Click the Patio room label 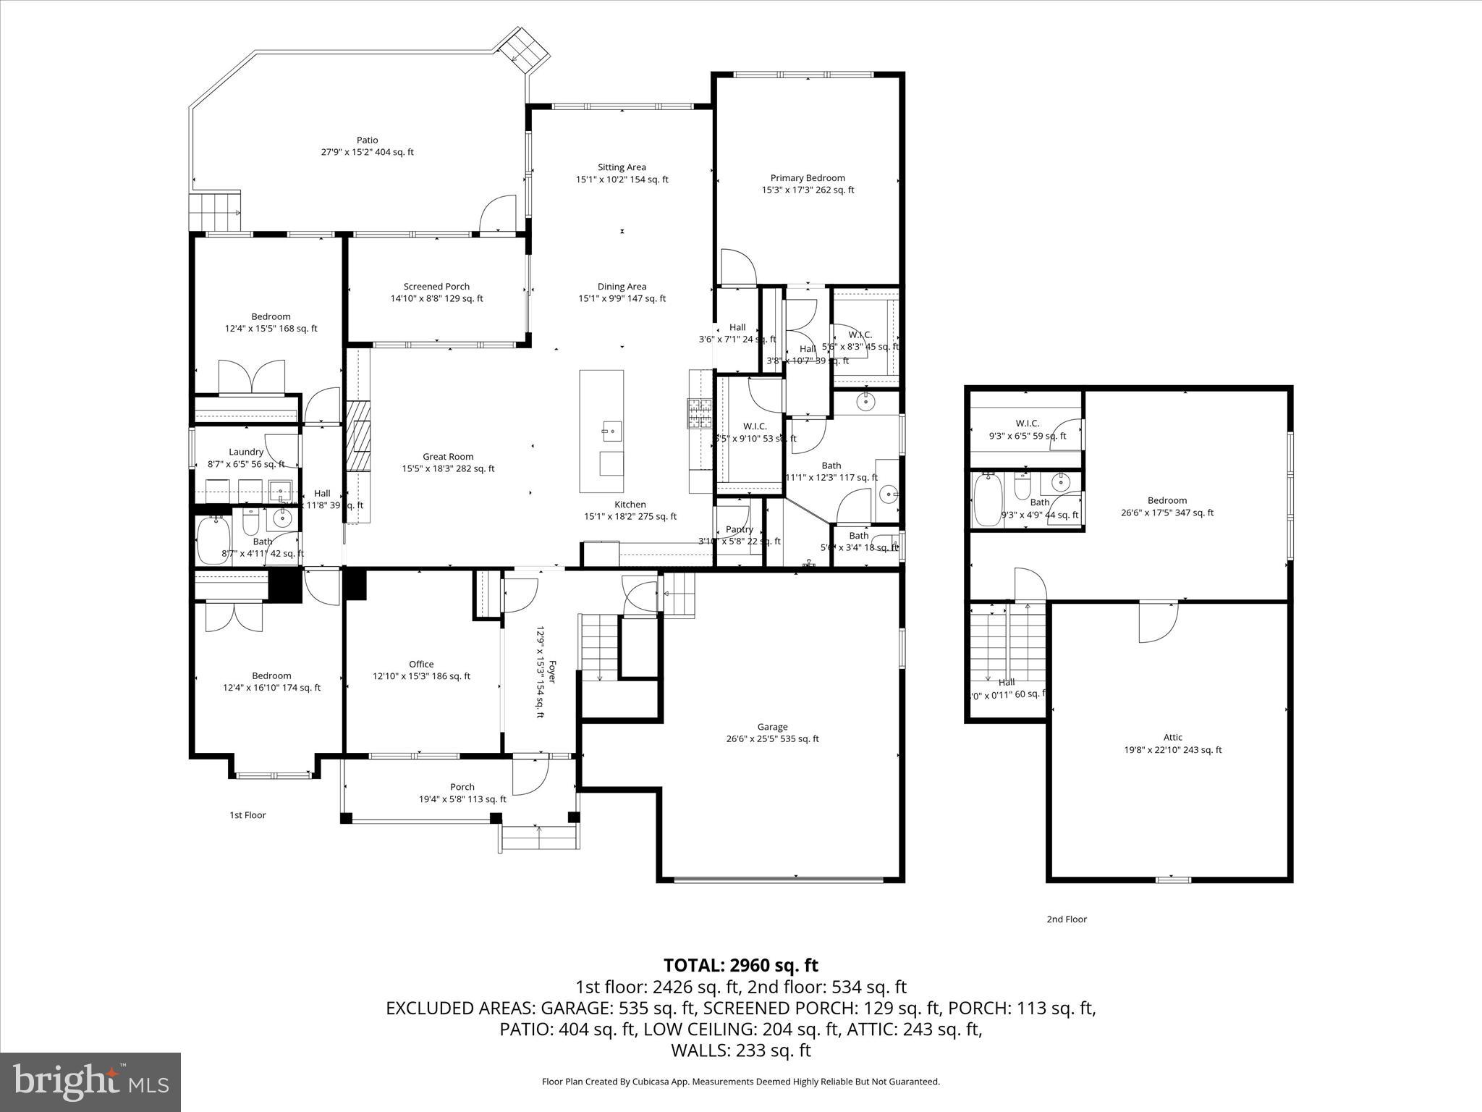[367, 140]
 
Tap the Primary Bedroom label [808, 178]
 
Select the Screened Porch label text [436, 287]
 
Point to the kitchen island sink [611, 432]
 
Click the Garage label [772, 727]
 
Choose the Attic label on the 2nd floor [1172, 738]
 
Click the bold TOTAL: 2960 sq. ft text [740, 965]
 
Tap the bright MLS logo [90, 1082]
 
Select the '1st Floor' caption [247, 815]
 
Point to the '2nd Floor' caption [1066, 919]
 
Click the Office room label [421, 664]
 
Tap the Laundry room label [246, 452]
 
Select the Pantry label [739, 529]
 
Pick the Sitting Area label [622, 167]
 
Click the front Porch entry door [526, 775]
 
